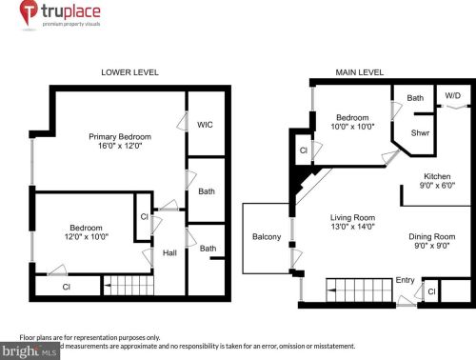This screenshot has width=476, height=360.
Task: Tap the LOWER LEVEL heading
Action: pyautogui.click(x=129, y=72)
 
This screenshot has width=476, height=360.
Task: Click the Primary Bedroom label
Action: pyautogui.click(x=121, y=135)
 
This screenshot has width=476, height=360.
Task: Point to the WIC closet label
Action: pyautogui.click(x=205, y=125)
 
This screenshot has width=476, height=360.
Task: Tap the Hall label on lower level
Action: pyautogui.click(x=169, y=253)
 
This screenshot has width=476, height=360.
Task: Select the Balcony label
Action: pyautogui.click(x=266, y=236)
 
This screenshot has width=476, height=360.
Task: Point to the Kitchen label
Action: pyautogui.click(x=437, y=177)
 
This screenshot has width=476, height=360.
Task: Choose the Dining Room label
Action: pyautogui.click(x=432, y=236)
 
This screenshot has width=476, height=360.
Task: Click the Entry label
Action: pyautogui.click(x=405, y=280)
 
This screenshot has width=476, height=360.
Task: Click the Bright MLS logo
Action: pyautogui.click(x=30, y=351)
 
